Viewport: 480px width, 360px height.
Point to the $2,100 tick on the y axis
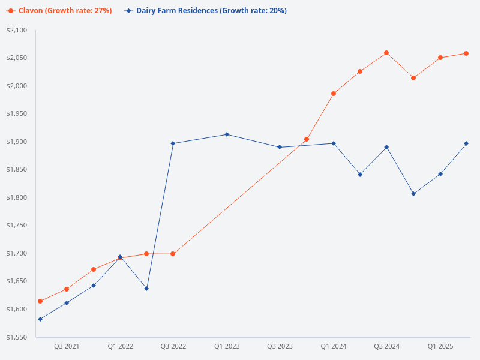pyautogui.click(x=16, y=30)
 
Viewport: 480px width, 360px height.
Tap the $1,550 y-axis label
pyautogui.click(x=16, y=337)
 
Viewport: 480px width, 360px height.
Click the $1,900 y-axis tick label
pyautogui.click(x=16, y=142)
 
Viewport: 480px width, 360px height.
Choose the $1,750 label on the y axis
pyautogui.click(x=16, y=226)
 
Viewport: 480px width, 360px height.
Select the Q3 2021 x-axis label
pyautogui.click(x=67, y=346)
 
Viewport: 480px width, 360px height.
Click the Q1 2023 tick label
pyautogui.click(x=227, y=346)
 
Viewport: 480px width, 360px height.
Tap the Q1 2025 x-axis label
pyautogui.click(x=440, y=346)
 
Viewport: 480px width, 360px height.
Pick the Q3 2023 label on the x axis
pyautogui.click(x=280, y=346)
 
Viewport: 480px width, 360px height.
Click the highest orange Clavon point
pyautogui.click(x=386, y=53)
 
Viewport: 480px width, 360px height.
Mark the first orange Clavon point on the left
pyautogui.click(x=40, y=301)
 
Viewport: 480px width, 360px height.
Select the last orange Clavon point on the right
pyautogui.click(x=466, y=53)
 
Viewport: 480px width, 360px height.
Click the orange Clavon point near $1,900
pyautogui.click(x=307, y=139)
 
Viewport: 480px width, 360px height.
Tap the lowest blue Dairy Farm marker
pyautogui.click(x=40, y=319)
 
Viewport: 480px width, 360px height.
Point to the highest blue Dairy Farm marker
pyautogui.click(x=227, y=134)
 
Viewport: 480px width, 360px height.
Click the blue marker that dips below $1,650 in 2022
pyautogui.click(x=147, y=289)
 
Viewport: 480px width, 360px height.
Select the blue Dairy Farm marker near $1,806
pyautogui.click(x=413, y=194)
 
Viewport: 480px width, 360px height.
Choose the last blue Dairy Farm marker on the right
pyautogui.click(x=466, y=143)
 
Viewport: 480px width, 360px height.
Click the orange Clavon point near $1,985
pyautogui.click(x=334, y=94)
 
